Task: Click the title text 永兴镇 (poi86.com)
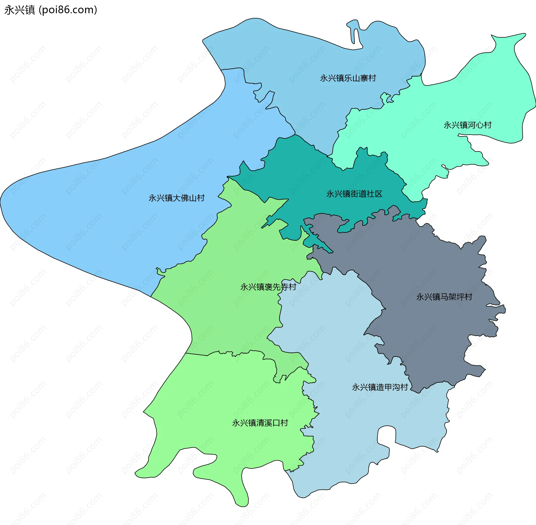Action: click(x=51, y=10)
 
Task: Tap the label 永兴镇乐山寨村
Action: click(x=348, y=78)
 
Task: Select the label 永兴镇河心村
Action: click(x=467, y=125)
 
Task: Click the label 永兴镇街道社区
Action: click(x=354, y=194)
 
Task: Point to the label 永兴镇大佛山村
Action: click(x=176, y=198)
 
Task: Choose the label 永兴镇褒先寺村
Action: click(x=268, y=287)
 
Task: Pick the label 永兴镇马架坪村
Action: click(x=444, y=297)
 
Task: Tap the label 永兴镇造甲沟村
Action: click(x=380, y=387)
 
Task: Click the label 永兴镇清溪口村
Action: click(x=260, y=423)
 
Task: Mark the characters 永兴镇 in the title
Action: click(x=20, y=10)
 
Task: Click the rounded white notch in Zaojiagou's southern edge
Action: click(x=386, y=436)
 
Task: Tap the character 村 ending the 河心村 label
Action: click(x=488, y=125)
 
